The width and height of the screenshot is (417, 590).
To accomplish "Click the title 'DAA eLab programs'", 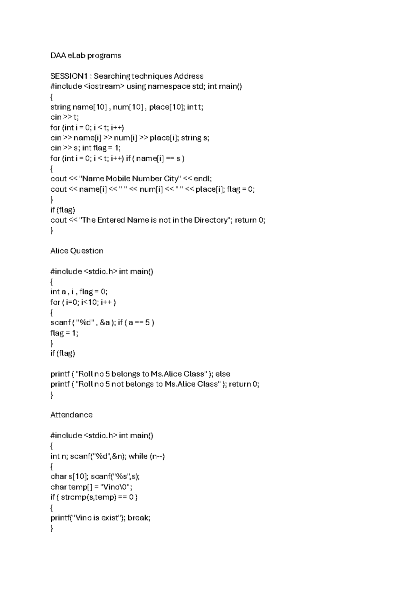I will (x=85, y=56).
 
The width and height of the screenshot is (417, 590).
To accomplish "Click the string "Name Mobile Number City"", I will (x=130, y=179).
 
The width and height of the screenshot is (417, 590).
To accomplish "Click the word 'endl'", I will (x=202, y=179).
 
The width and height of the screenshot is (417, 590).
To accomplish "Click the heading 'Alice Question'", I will (x=76, y=251).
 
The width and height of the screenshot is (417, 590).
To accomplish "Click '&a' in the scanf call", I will (x=105, y=323).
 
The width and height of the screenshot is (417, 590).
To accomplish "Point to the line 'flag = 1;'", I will (x=64, y=333).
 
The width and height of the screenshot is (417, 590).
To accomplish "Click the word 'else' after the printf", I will (x=223, y=374).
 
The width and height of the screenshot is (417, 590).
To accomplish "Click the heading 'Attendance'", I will (x=71, y=415).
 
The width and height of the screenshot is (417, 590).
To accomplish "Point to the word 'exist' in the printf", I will (x=110, y=518).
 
